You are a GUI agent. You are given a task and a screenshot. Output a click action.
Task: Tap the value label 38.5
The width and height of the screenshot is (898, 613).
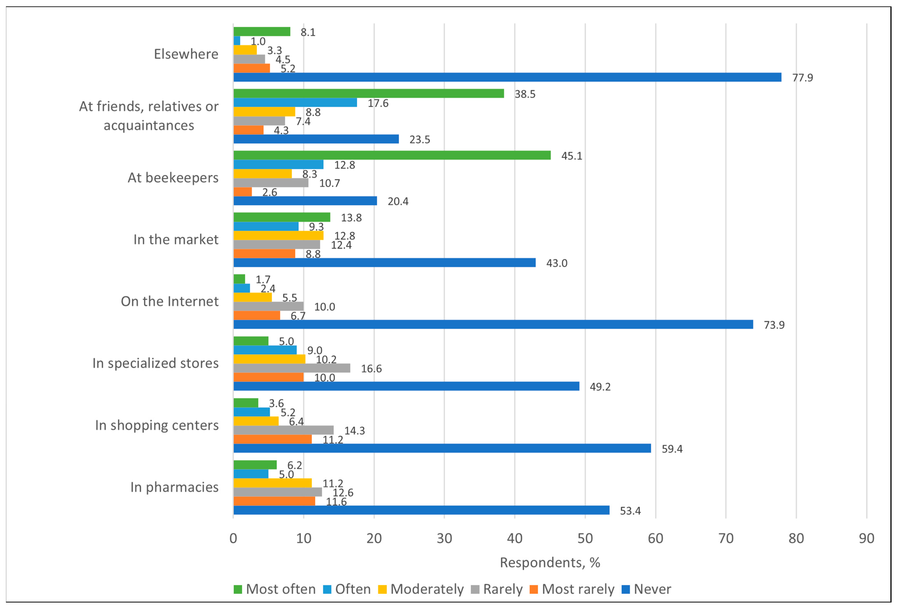click(x=525, y=94)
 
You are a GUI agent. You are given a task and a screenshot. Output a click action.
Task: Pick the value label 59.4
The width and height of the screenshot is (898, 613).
click(x=672, y=449)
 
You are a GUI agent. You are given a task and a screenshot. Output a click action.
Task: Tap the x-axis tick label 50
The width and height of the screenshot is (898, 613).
click(x=585, y=538)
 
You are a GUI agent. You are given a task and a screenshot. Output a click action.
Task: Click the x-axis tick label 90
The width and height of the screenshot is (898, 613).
click(x=866, y=538)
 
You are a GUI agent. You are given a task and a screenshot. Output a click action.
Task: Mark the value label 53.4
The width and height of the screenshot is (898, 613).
click(x=630, y=511)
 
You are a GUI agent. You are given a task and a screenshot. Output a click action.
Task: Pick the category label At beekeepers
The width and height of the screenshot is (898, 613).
click(x=173, y=178)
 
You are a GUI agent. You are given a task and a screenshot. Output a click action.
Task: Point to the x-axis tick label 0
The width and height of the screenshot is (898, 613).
click(x=233, y=538)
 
